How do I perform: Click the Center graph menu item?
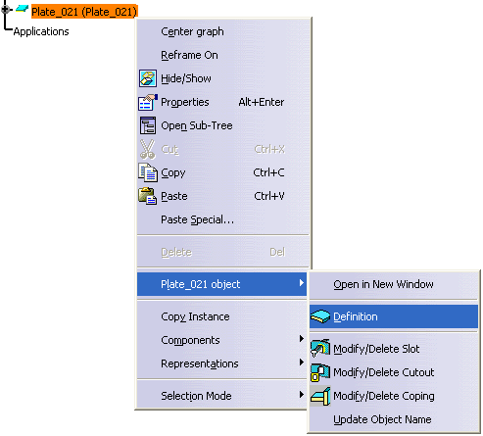click(x=192, y=31)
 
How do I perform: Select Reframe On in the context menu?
click(x=189, y=55)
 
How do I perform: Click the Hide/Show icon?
click(x=148, y=78)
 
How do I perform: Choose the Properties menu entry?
click(x=185, y=102)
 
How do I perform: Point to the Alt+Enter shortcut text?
click(x=262, y=102)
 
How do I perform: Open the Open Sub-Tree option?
click(x=197, y=125)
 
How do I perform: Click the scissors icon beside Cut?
click(x=148, y=149)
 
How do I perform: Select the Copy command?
click(x=173, y=172)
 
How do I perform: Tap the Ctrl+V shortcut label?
click(x=269, y=196)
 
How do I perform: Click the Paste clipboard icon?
click(x=148, y=196)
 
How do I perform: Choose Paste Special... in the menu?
click(x=198, y=219)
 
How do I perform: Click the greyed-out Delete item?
click(x=176, y=252)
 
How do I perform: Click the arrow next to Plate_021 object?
click(x=302, y=283)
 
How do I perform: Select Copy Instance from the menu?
click(x=195, y=316)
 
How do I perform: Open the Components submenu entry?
click(x=190, y=340)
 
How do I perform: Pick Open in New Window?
click(x=383, y=284)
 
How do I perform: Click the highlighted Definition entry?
click(x=356, y=316)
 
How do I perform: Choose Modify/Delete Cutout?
click(x=384, y=372)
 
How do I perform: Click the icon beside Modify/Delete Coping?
click(x=320, y=396)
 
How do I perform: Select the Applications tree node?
click(x=41, y=31)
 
